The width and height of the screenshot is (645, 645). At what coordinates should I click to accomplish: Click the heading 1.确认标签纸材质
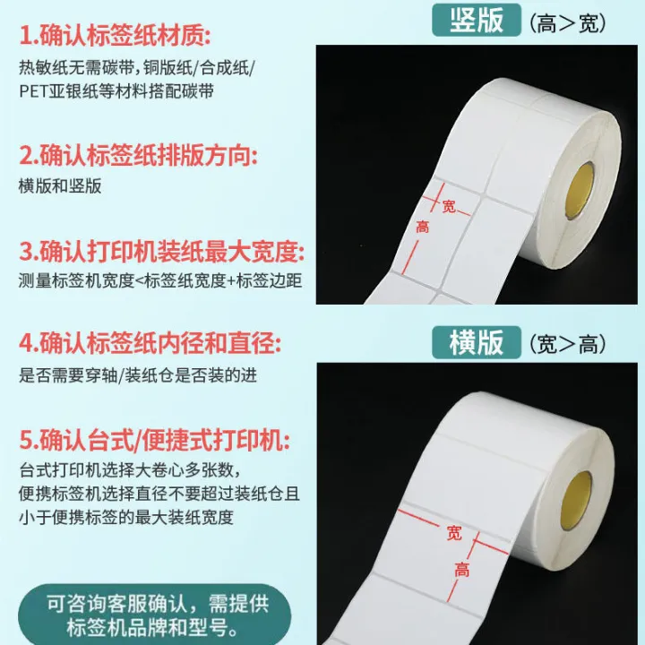click(116, 37)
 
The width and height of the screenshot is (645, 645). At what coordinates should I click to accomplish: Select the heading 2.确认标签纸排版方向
click(138, 155)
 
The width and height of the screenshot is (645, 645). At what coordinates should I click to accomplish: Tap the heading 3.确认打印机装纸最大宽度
click(161, 249)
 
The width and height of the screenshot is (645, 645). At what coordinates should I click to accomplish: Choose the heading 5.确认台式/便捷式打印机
click(154, 439)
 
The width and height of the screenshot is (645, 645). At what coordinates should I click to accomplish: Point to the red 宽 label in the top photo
click(449, 206)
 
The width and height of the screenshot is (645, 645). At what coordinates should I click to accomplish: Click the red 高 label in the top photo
click(422, 228)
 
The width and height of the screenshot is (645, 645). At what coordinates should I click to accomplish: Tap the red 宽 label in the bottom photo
click(454, 534)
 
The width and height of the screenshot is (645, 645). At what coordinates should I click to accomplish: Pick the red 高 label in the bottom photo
click(462, 568)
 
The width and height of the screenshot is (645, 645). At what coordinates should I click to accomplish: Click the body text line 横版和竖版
click(60, 186)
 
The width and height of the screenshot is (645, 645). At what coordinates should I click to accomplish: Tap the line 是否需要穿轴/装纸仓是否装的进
click(137, 375)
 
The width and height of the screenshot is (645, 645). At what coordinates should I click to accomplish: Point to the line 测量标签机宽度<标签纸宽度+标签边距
click(159, 280)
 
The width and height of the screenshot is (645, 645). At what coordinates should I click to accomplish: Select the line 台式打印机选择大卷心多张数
click(129, 470)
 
